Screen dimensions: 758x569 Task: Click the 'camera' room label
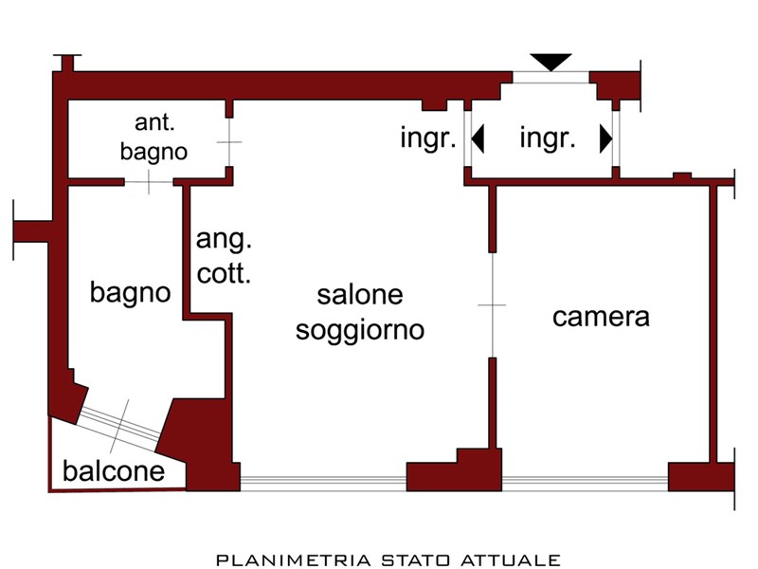point(601,318)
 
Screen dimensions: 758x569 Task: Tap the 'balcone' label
point(114,470)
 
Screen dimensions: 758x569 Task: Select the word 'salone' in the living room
point(360,295)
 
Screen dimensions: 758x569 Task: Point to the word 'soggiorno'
point(360,331)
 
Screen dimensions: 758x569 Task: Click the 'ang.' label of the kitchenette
point(224,240)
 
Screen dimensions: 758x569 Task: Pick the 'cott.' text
point(224,273)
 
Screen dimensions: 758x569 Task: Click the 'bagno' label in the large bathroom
point(131,293)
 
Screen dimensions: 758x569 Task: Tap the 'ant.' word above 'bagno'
point(154,122)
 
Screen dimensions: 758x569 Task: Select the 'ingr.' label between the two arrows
point(548,138)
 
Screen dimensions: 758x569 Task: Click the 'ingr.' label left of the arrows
point(428,138)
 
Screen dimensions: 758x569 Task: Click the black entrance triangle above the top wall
point(551,62)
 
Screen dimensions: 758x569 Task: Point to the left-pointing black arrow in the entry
point(478,138)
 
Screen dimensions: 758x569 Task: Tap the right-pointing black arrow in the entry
point(606,138)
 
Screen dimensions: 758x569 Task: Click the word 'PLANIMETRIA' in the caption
point(294,560)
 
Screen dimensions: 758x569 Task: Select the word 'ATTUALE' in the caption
point(511,560)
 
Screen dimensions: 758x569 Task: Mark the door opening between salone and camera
point(492,305)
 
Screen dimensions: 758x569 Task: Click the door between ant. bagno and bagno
point(149,182)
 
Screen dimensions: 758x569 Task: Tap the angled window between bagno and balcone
point(119,425)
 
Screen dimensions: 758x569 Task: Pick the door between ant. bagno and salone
point(229,142)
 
